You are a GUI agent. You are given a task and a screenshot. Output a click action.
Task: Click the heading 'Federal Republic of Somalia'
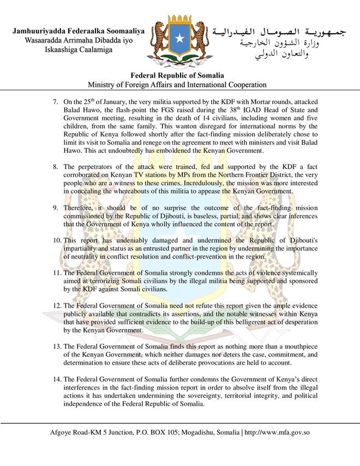[x=179, y=76]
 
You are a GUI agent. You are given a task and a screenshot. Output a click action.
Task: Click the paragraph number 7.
[x=55, y=102]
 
